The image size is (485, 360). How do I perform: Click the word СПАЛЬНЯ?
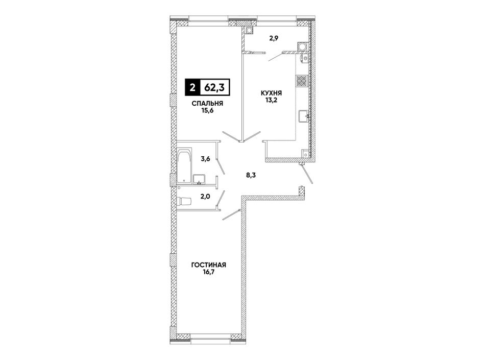[x=207, y=104]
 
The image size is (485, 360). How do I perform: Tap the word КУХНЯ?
[x=272, y=93]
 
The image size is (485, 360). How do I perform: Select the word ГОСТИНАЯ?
[x=209, y=265]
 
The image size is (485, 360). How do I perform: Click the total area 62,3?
[x=214, y=87]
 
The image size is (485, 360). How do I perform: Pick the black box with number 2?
[x=192, y=87]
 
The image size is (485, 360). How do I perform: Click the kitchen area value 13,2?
[x=271, y=100]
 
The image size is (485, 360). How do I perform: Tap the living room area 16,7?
[x=209, y=273]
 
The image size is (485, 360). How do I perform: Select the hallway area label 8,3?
[x=251, y=175]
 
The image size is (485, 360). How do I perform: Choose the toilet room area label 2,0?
[x=205, y=196]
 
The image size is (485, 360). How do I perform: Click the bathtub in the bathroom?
[x=185, y=167]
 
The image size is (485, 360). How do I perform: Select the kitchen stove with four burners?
[x=302, y=81]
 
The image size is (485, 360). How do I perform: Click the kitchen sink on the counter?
[x=303, y=116]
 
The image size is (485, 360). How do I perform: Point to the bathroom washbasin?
[x=199, y=179]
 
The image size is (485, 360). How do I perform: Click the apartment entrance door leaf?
[x=307, y=174]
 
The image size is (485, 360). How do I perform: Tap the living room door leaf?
[x=231, y=215]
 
